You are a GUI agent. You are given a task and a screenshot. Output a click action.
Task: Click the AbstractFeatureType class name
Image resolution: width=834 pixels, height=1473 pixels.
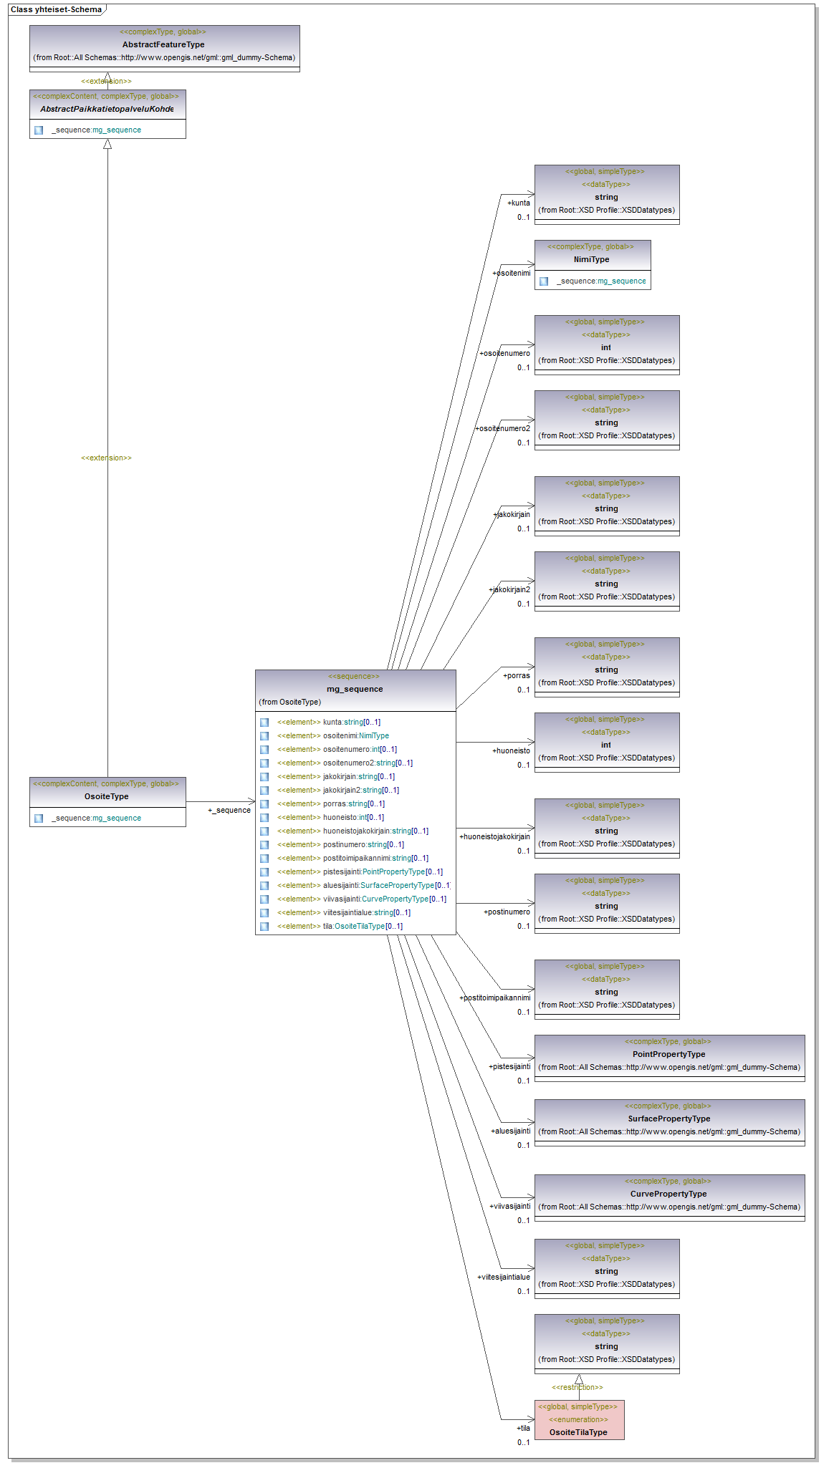click(163, 44)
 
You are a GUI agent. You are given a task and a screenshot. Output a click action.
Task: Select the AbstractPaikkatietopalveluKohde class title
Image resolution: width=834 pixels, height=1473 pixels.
click(107, 109)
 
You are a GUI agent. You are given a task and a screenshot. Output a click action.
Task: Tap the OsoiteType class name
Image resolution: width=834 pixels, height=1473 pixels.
click(107, 796)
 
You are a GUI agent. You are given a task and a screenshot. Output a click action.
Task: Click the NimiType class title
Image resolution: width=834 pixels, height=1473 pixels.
click(591, 259)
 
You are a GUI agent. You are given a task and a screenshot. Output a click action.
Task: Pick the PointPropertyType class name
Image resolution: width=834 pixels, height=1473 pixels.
click(668, 1054)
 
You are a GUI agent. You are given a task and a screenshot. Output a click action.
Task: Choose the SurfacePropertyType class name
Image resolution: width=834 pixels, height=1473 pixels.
click(668, 1119)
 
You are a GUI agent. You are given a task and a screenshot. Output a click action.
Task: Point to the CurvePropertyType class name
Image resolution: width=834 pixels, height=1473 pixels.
click(668, 1194)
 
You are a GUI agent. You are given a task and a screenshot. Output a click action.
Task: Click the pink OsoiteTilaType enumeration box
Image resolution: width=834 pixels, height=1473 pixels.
click(579, 1420)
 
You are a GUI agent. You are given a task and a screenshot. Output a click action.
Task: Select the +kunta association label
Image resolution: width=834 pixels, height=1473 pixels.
click(519, 203)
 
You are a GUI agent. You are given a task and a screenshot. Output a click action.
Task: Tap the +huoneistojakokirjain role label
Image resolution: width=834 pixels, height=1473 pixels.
click(494, 836)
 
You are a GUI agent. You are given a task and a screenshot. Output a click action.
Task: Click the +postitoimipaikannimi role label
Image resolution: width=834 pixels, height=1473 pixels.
click(495, 998)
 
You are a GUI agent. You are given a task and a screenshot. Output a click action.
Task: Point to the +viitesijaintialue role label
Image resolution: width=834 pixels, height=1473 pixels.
click(504, 1277)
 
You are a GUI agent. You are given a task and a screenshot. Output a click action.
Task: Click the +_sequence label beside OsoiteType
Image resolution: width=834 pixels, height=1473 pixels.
click(229, 810)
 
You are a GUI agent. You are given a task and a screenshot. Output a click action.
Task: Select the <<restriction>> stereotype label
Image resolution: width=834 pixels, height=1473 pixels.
click(577, 1387)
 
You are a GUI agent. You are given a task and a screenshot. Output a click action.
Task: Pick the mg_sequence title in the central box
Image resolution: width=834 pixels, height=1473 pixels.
click(355, 689)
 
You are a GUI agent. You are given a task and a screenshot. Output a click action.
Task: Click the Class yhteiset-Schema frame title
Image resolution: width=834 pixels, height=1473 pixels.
click(56, 9)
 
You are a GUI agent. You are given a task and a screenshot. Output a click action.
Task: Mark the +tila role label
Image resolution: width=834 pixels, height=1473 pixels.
click(523, 1428)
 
